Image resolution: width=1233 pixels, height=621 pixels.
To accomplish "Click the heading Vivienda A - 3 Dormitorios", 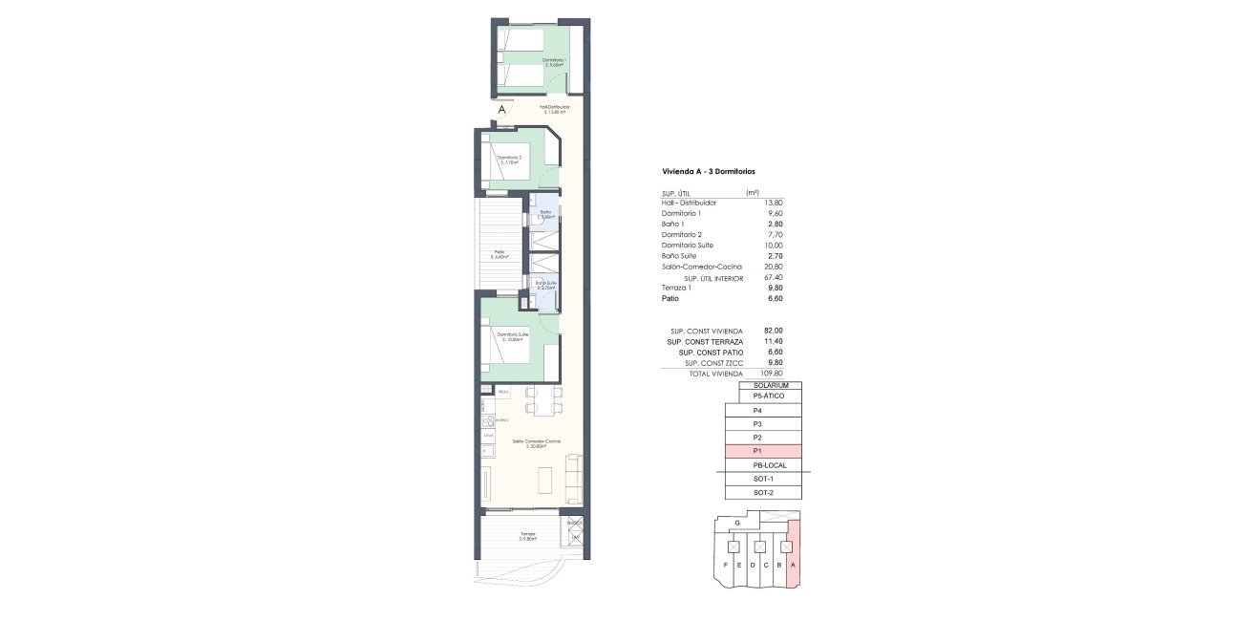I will [708, 172].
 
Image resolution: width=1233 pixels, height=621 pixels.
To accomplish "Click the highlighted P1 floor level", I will [762, 451].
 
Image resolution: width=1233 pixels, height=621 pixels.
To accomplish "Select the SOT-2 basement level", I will [762, 492].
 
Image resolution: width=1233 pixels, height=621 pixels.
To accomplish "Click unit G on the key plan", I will [737, 524].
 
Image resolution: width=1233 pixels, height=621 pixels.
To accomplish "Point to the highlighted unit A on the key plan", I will [794, 565].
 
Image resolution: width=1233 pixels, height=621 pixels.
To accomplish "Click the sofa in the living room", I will [573, 479].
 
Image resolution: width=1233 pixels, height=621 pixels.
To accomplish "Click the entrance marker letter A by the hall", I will [500, 110].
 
